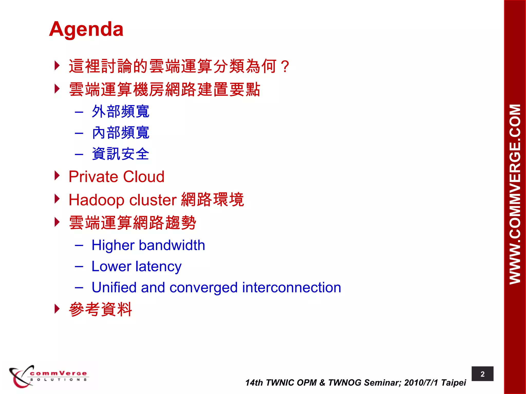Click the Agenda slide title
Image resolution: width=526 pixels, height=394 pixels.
pyautogui.click(x=86, y=29)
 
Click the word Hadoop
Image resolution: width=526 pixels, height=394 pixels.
pyautogui.click(x=97, y=200)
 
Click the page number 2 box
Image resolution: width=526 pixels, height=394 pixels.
pyautogui.click(x=482, y=374)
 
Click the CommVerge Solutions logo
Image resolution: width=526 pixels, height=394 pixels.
pyautogui.click(x=48, y=376)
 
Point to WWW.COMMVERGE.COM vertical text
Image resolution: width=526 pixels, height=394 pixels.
pyautogui.click(x=515, y=194)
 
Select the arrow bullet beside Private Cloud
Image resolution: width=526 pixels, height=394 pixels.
pyautogui.click(x=57, y=176)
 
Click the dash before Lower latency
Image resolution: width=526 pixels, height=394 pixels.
pyautogui.click(x=79, y=267)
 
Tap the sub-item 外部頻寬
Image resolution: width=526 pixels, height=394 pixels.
pyautogui.click(x=120, y=112)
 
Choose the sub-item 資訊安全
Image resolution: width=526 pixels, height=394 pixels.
pyautogui.click(x=120, y=154)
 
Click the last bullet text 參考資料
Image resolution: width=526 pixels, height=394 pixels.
pyautogui.click(x=100, y=309)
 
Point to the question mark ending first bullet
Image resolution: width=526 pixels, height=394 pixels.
pyautogui.click(x=285, y=66)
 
